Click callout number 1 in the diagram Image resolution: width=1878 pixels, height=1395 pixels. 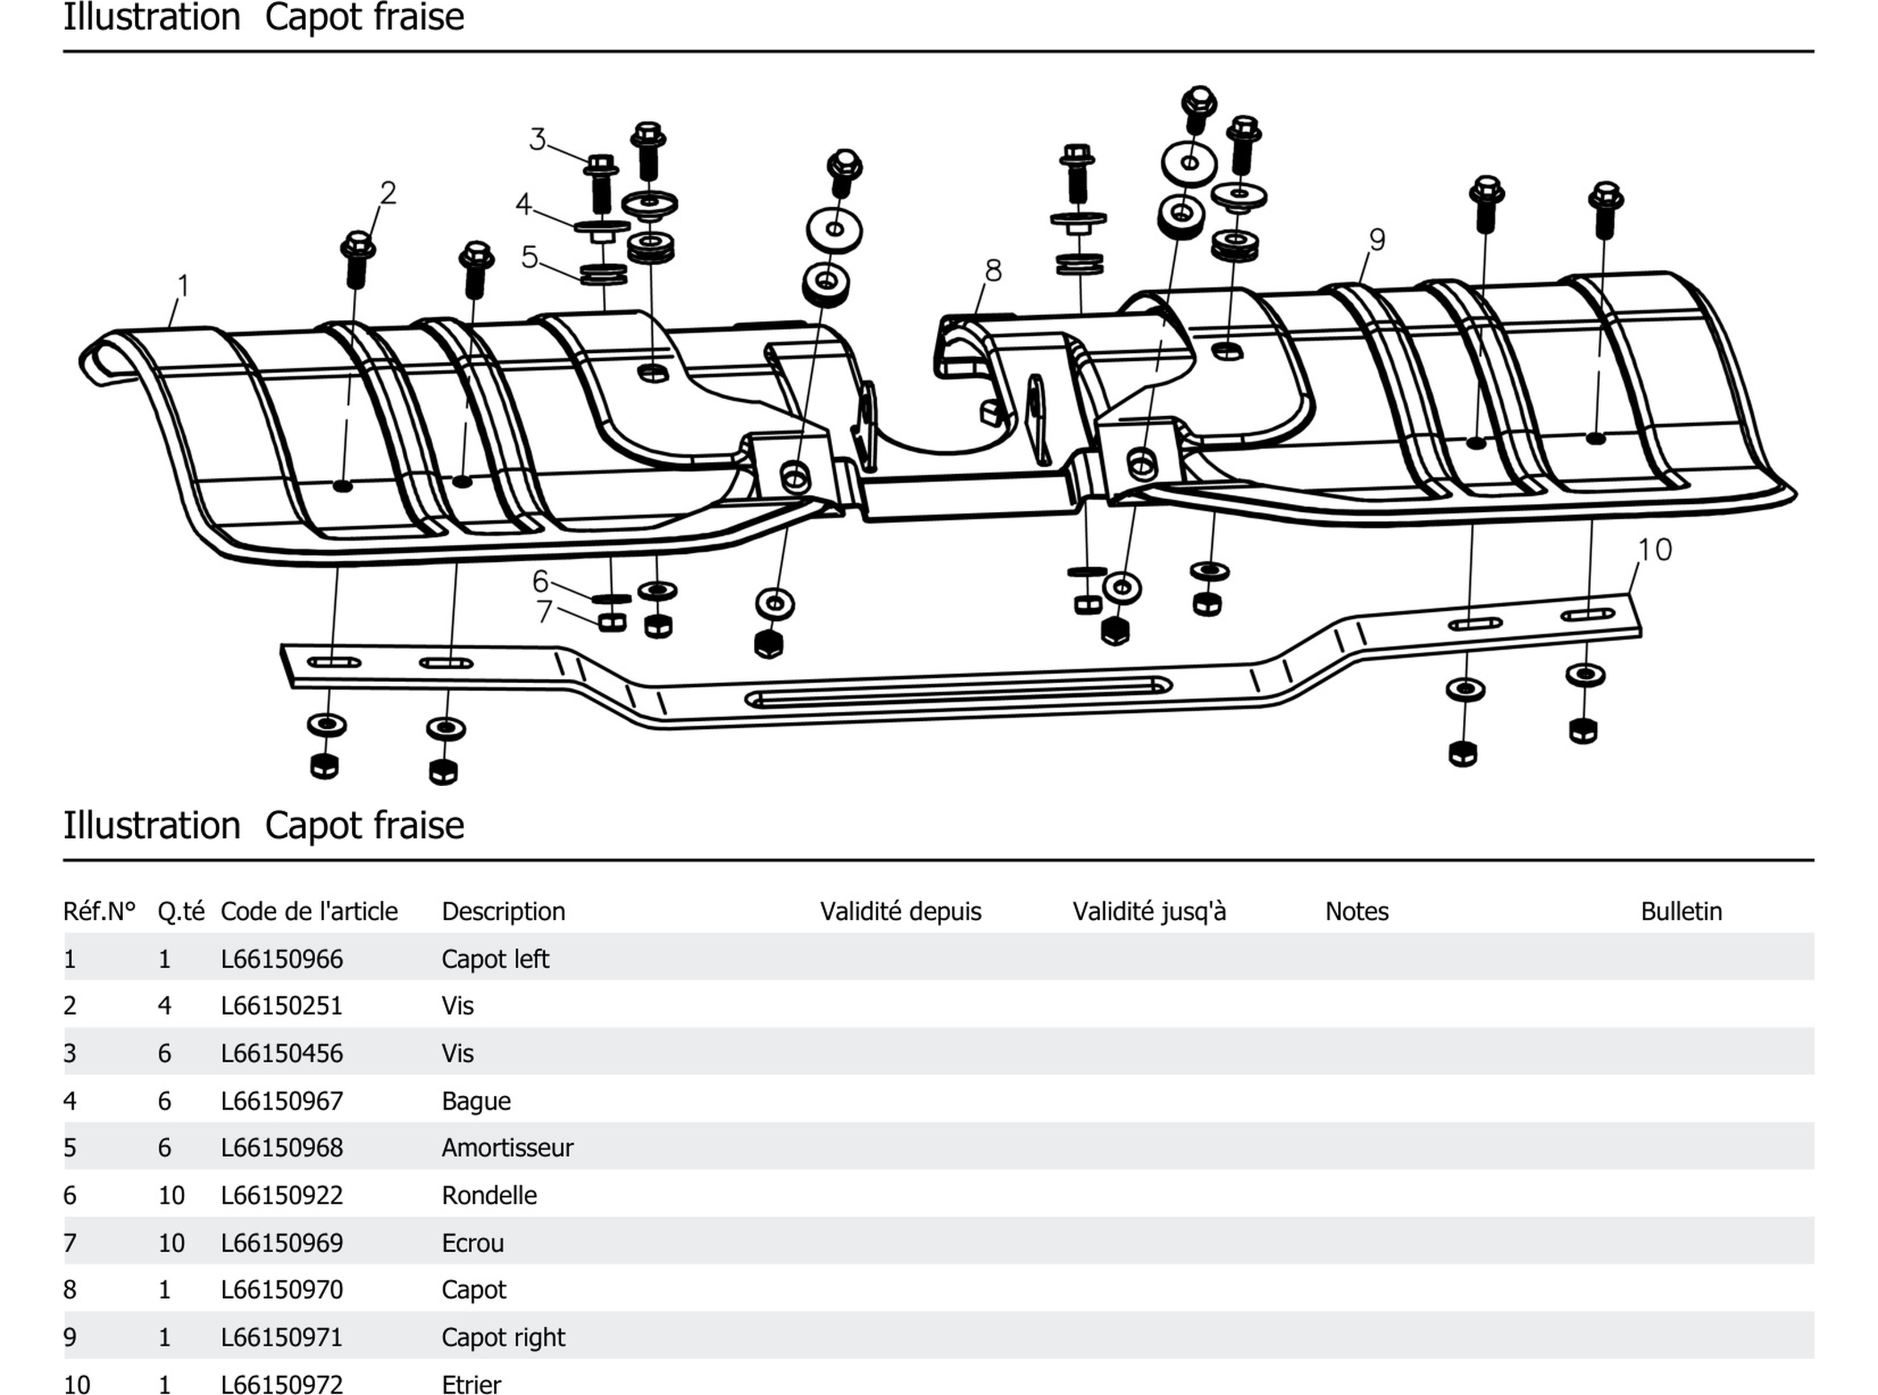pos(183,286)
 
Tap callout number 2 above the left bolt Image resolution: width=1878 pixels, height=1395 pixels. pos(387,193)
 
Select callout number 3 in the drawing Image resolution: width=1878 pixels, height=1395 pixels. pos(537,139)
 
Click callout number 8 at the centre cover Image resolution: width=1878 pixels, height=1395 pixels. pos(993,270)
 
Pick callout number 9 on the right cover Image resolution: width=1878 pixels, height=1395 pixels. pos(1377,240)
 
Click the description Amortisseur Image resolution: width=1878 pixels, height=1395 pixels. pos(507,1147)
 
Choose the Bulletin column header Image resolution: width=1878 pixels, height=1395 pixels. pos(1680,911)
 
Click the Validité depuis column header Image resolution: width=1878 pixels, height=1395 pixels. pos(900,911)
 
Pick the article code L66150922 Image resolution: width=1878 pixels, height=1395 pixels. pos(282,1196)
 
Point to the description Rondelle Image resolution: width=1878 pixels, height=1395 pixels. pos(489,1196)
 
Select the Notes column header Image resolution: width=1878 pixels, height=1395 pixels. pos(1356,911)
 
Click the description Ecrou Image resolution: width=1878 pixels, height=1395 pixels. pos(472,1243)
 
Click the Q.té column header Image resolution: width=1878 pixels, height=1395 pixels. pos(181,911)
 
